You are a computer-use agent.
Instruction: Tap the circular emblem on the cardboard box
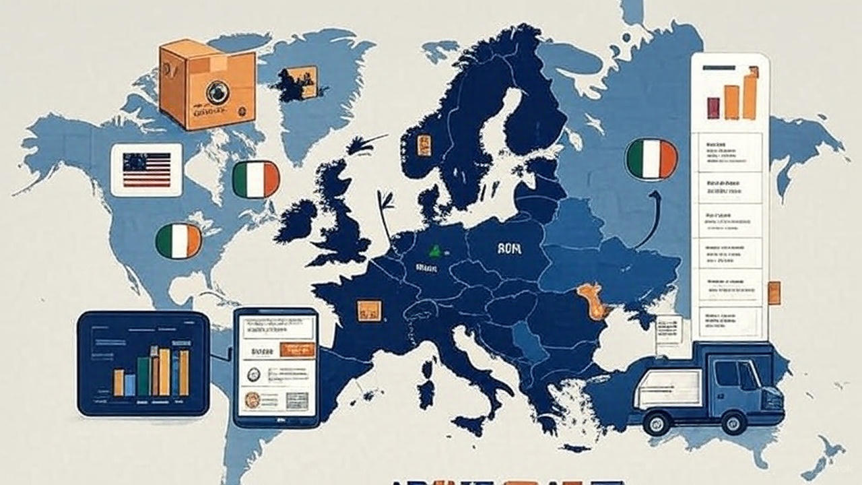point(217,92)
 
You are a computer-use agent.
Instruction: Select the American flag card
point(146,170)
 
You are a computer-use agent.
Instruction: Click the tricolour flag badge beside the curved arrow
point(651,159)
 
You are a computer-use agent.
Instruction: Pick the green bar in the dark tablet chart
point(143,376)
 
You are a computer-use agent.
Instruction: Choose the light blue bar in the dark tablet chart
point(129,384)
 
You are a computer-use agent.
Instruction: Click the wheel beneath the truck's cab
point(730,422)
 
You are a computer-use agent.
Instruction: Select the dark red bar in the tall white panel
point(713,108)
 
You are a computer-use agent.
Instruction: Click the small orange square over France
point(368,311)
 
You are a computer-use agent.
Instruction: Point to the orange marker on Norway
point(424,145)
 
